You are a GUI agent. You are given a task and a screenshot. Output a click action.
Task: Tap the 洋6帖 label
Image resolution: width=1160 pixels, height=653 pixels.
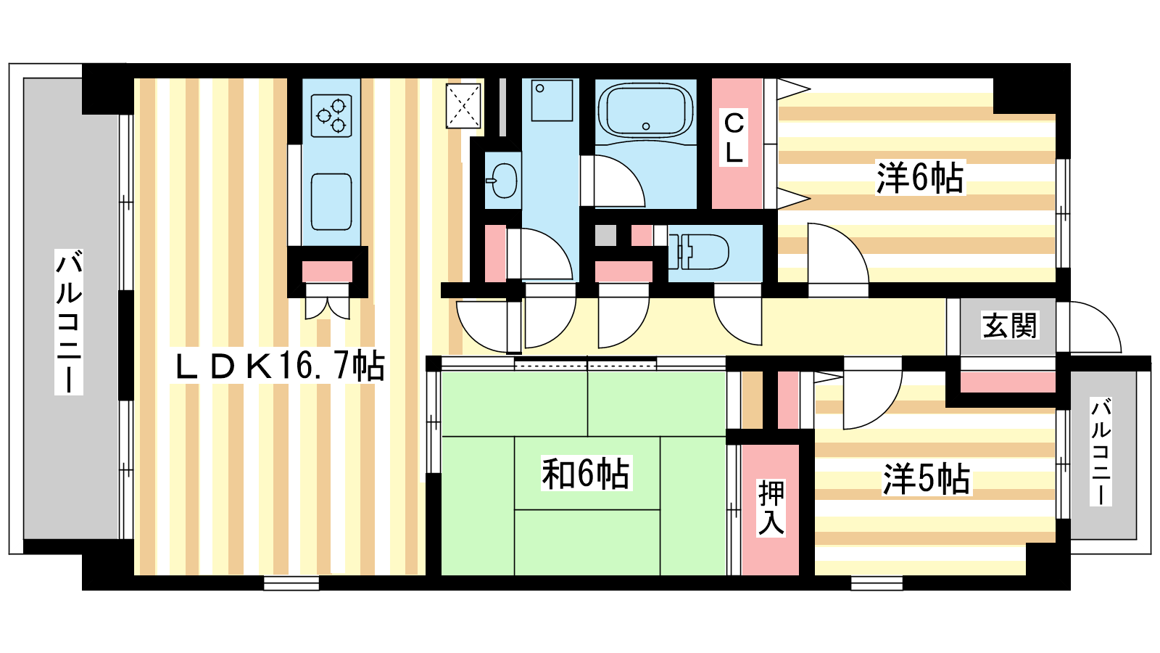pos(920,178)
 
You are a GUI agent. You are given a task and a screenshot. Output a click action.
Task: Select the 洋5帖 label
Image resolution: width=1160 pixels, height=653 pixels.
pos(927,479)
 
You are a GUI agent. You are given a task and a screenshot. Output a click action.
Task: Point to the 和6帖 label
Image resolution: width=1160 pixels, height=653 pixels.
pos(586,473)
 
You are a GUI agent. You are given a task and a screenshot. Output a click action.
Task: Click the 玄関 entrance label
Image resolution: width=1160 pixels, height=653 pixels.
pos(1009,326)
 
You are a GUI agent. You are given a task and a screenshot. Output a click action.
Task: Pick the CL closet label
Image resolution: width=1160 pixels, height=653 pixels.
pos(734,137)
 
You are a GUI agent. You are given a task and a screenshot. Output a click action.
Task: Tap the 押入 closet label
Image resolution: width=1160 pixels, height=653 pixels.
pos(771,507)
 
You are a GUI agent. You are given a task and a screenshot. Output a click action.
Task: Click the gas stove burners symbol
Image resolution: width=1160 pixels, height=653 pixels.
pos(331,115)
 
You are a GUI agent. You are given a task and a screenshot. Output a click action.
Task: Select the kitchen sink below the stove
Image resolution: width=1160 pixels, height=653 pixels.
pos(331,202)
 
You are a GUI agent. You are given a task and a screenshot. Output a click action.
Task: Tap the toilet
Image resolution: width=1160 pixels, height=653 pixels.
pos(699,252)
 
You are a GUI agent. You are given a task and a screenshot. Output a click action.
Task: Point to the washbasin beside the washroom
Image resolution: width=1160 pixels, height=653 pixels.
pos(502,181)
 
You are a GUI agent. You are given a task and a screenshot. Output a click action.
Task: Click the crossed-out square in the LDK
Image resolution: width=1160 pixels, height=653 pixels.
pos(463,106)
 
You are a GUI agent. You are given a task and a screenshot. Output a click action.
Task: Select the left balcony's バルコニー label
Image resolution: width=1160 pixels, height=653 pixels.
pos(69,322)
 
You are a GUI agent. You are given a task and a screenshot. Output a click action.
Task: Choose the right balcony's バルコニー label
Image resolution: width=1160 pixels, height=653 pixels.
pos(1100,451)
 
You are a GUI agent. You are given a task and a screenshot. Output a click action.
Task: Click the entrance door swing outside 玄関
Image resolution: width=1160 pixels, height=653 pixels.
pos(1095,327)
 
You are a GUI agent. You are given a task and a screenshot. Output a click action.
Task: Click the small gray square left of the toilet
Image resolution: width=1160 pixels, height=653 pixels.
pos(605,235)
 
